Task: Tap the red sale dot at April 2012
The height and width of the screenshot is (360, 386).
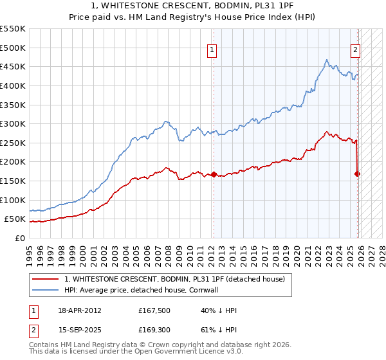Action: pyautogui.click(x=214, y=174)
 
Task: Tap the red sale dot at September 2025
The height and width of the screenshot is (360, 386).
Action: pyautogui.click(x=358, y=174)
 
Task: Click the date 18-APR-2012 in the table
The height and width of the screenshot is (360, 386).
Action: pyautogui.click(x=80, y=310)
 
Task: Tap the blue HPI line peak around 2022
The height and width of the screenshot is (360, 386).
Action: pyautogui.click(x=327, y=60)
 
